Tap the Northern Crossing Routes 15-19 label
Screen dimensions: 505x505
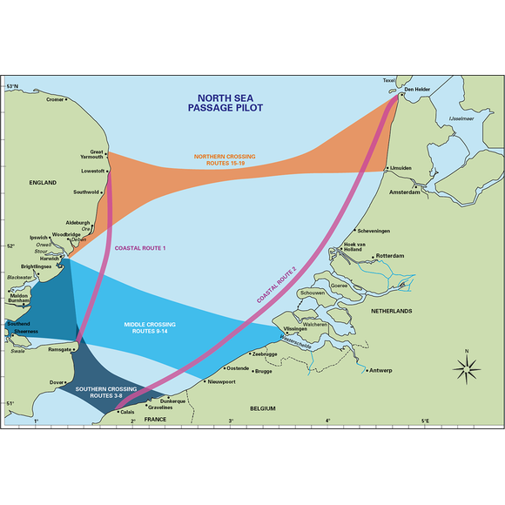tap(231, 160)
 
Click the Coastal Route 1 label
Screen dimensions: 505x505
tap(140, 249)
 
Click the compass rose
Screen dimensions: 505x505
tap(468, 369)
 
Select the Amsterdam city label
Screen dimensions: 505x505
tap(406, 192)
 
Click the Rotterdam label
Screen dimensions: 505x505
tap(392, 257)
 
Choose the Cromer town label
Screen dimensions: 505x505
tap(56, 99)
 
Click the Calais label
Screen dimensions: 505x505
tap(126, 412)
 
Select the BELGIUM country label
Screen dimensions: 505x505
tap(261, 408)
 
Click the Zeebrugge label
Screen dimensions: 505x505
tap(263, 354)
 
